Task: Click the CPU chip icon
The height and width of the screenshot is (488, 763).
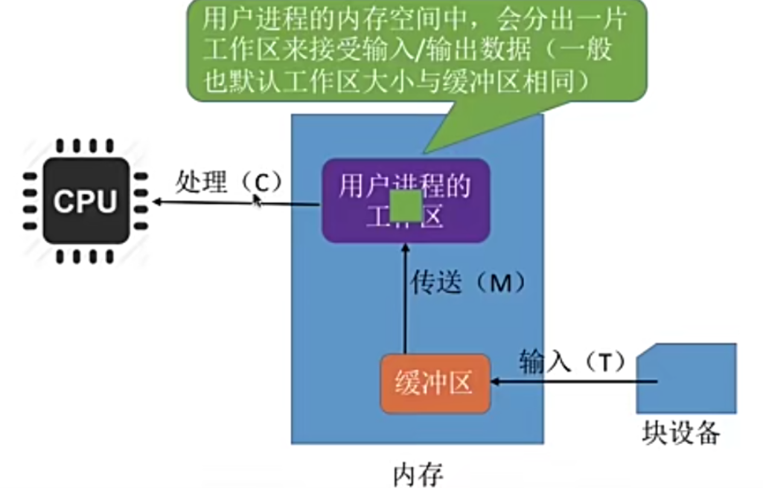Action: (x=85, y=200)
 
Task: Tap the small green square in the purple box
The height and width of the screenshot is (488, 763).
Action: (x=406, y=205)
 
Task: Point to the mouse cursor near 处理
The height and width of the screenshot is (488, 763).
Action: (x=258, y=200)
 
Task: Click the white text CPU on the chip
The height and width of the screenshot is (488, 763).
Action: (x=85, y=201)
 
